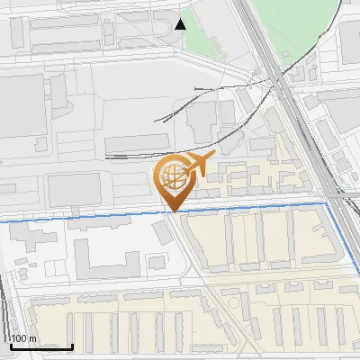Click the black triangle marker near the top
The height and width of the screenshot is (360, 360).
pos(182,23)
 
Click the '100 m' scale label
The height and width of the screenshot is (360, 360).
pos(23,338)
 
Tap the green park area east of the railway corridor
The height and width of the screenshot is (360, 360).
pos(297,22)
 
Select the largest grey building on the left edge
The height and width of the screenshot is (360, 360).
pos(20,106)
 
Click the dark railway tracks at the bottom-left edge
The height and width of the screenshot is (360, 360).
pos(7,306)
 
